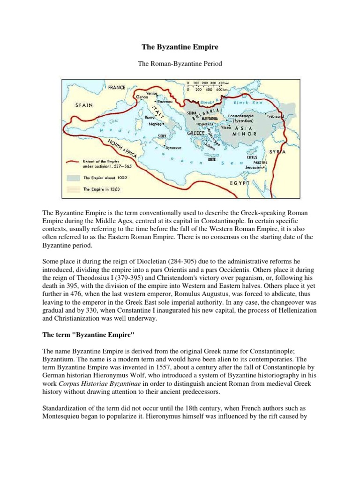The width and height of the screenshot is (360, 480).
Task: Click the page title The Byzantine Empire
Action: (x=180, y=47)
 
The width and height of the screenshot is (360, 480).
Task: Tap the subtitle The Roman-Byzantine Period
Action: (x=180, y=63)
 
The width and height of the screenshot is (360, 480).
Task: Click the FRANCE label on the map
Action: (x=117, y=88)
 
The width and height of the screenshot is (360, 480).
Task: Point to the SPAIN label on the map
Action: (x=84, y=105)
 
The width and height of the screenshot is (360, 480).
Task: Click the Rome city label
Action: (x=150, y=117)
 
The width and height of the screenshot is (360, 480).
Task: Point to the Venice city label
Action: (x=152, y=93)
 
